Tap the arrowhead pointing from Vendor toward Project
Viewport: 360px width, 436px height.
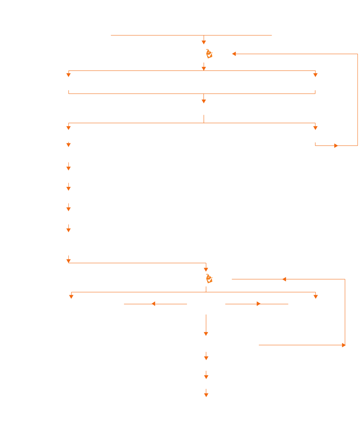click(x=153, y=304)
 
